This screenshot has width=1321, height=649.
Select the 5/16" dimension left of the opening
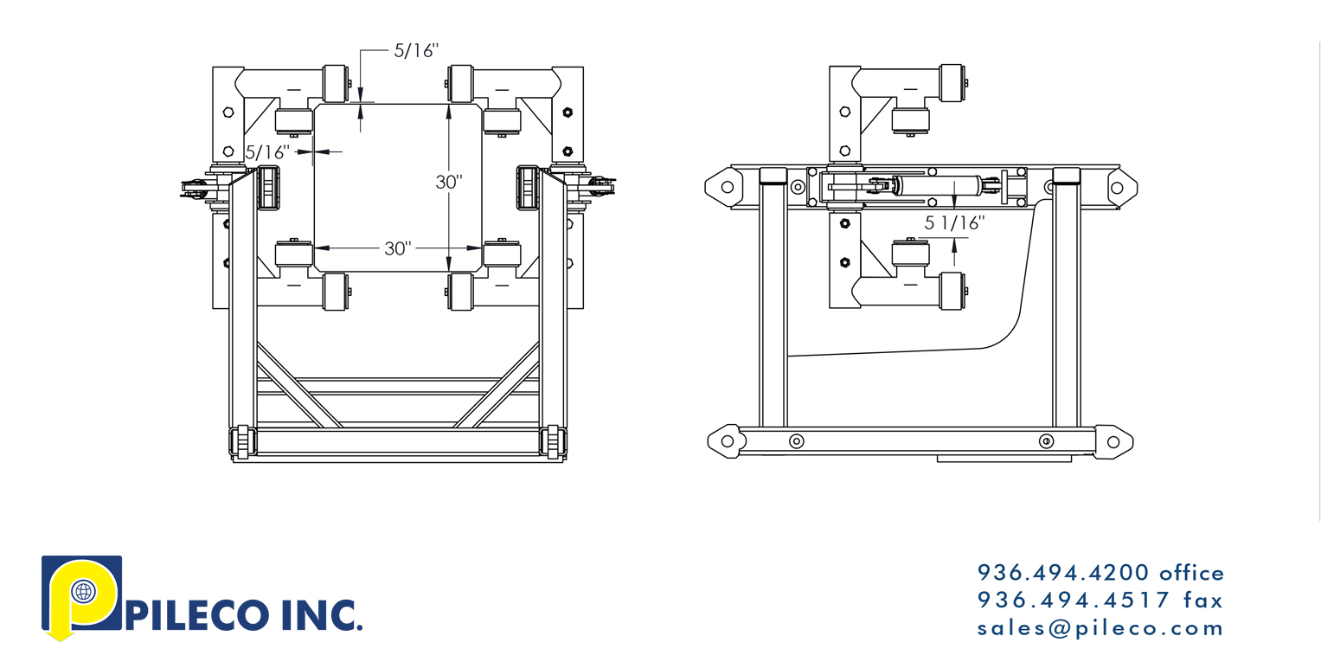pos(266,152)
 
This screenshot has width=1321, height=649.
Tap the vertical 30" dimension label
pos(449,182)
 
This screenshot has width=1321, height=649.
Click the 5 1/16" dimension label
pos(955,223)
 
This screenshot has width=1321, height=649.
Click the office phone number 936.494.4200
pos(1064,573)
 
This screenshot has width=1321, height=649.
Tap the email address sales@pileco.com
pos(1100,627)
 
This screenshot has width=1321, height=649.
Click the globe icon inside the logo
pos(84,593)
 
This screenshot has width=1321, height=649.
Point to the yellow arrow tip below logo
pos(59,638)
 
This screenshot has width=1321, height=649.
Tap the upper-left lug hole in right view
pos(728,186)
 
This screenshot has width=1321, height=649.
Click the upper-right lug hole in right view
pos(1117,187)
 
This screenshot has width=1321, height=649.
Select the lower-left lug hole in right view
pos(728,441)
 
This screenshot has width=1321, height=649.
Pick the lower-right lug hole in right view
pos(1113,442)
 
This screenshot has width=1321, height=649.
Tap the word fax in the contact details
pos(1203,600)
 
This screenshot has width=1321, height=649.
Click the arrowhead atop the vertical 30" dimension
pos(449,110)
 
